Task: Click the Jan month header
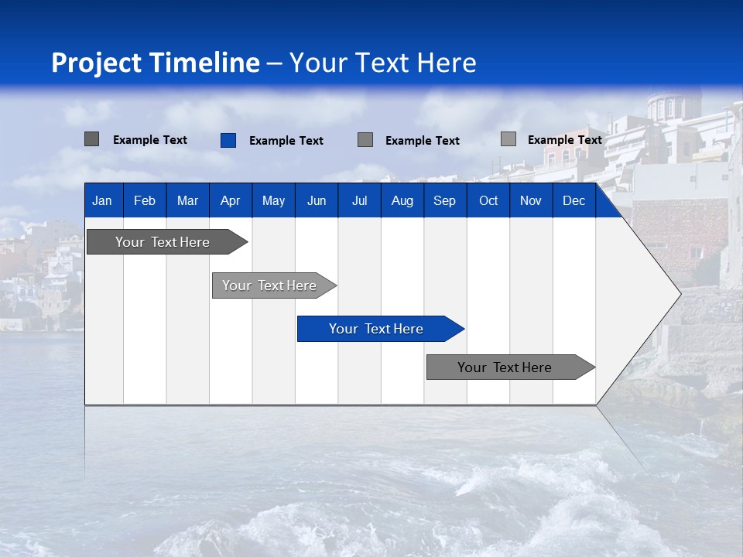(x=102, y=201)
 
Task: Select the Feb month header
(x=145, y=201)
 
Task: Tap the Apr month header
(x=231, y=201)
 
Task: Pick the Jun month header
(x=317, y=201)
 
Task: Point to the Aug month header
(x=402, y=201)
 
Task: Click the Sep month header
(x=445, y=201)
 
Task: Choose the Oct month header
(x=488, y=201)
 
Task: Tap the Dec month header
(x=574, y=201)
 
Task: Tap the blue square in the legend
(x=228, y=140)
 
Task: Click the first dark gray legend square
(x=91, y=139)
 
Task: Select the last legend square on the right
(x=508, y=139)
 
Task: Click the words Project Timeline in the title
(x=155, y=63)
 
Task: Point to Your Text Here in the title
(x=383, y=63)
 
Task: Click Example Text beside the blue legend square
(x=286, y=141)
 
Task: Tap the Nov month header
(x=531, y=201)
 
